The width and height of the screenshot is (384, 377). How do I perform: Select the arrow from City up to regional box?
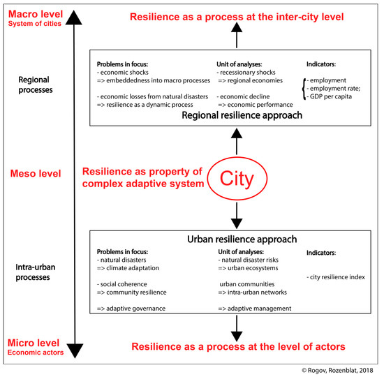(x=237, y=145)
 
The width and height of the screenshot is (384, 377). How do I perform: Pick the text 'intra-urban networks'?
(x=254, y=293)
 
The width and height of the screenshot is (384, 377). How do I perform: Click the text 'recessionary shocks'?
(x=250, y=72)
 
